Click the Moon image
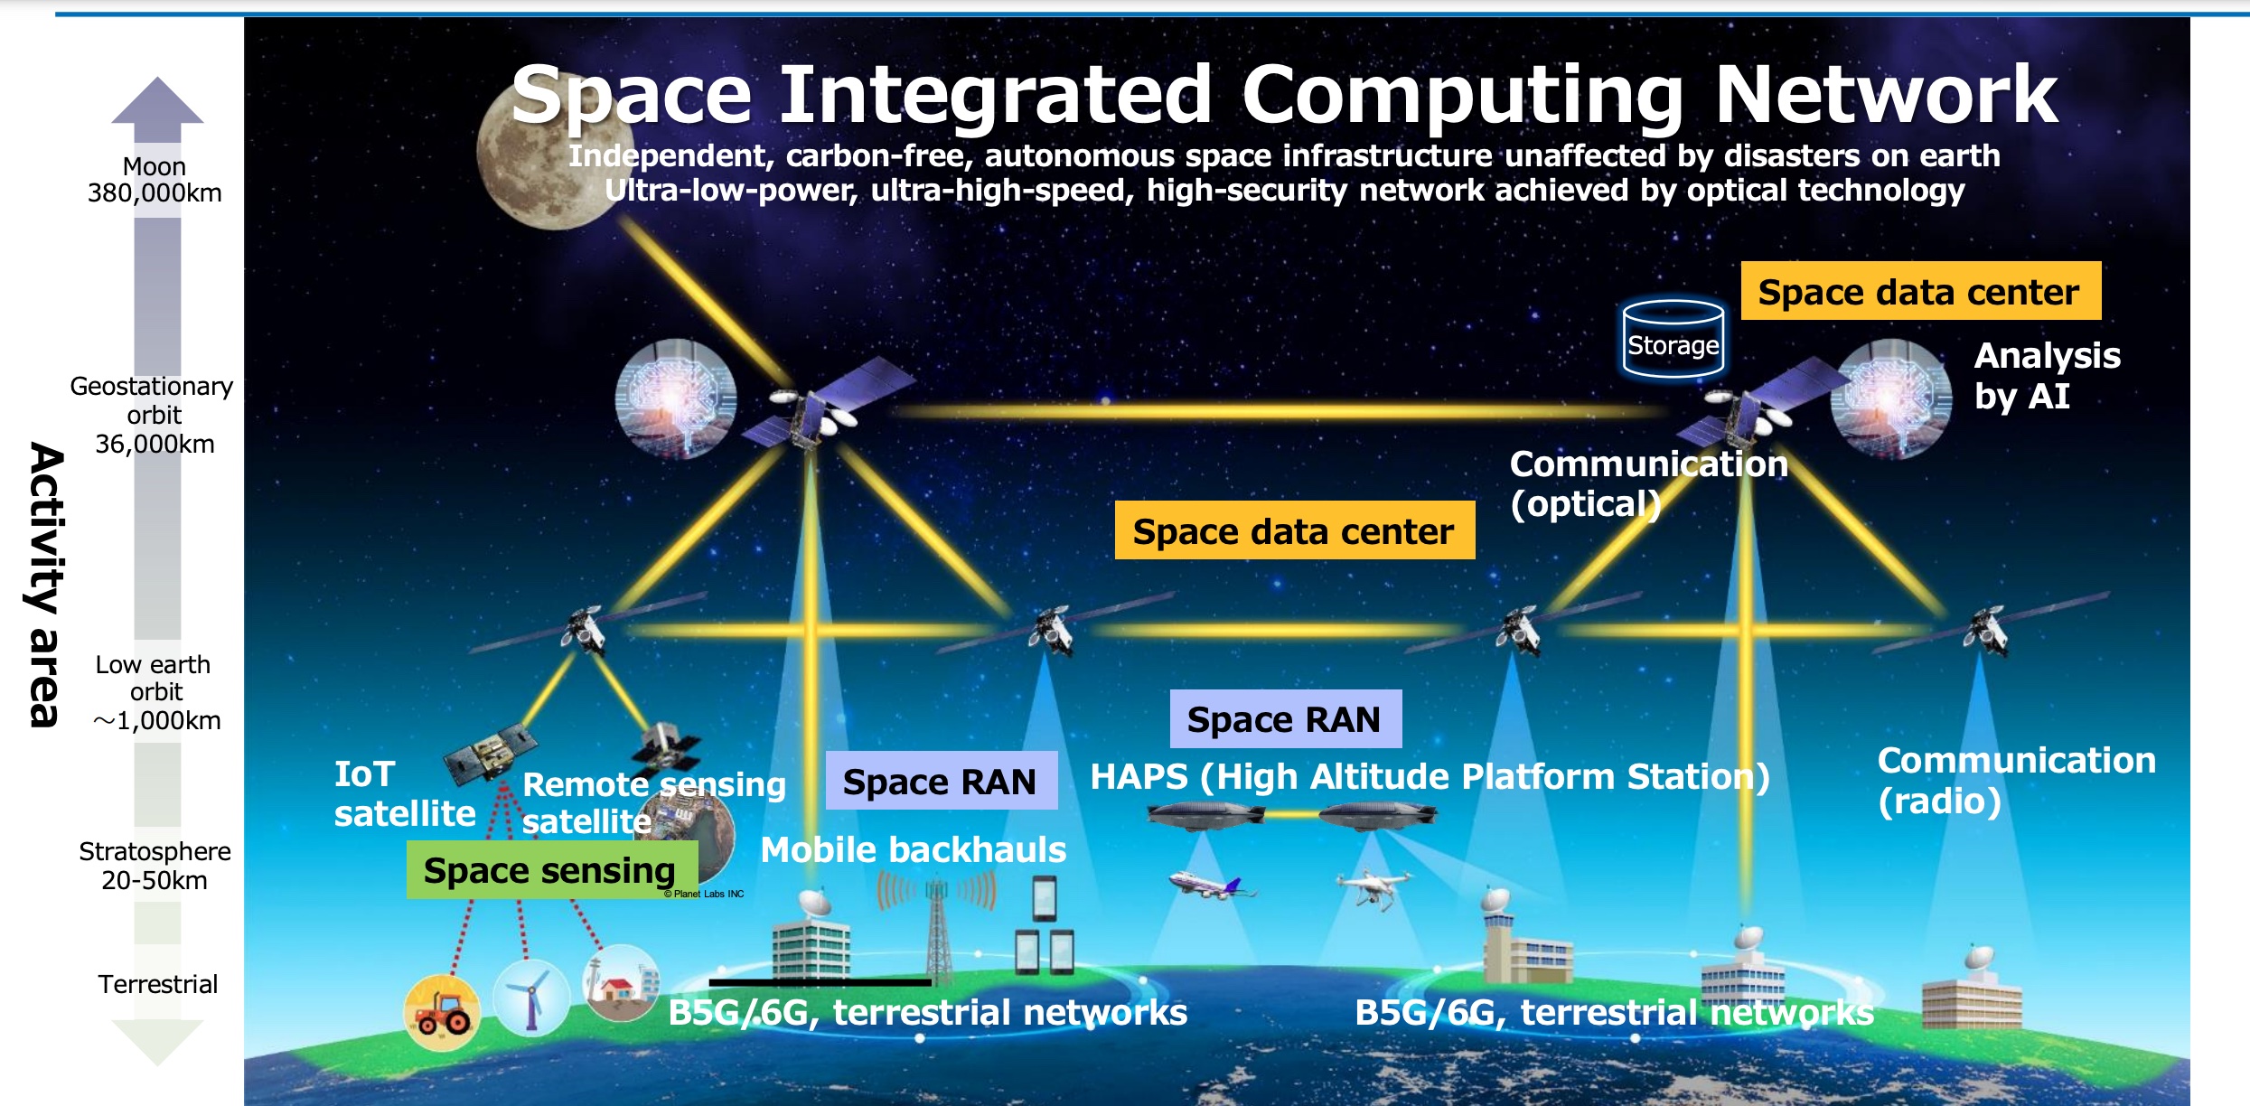(548, 154)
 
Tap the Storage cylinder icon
(1673, 339)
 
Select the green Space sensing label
(552, 870)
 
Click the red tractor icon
(442, 1013)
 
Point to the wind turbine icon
(531, 998)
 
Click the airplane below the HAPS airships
(1212, 885)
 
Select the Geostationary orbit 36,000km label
(153, 415)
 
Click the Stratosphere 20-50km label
(155, 866)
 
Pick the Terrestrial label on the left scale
(158, 984)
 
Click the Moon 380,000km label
(155, 180)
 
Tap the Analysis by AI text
(2047, 376)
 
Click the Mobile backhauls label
(914, 849)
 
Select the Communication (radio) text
(2016, 781)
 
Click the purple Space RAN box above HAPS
(1286, 719)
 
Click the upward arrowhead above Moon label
(157, 100)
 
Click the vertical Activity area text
(45, 585)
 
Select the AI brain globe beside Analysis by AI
(1891, 398)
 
